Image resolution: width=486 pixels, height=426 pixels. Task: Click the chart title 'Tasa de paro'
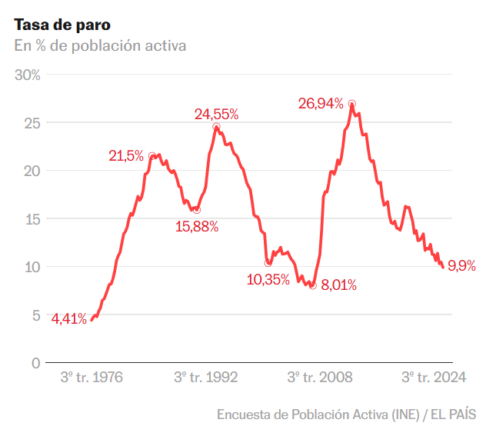(62, 24)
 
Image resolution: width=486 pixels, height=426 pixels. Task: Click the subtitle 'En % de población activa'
(100, 45)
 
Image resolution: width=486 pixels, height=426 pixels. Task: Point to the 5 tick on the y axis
(35, 315)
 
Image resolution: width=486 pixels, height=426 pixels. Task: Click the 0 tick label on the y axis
(35, 363)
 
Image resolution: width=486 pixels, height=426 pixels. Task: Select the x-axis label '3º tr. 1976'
(92, 378)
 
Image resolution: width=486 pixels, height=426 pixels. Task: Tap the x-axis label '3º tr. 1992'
(205, 378)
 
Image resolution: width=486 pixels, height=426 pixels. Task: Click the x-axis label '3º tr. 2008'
(320, 378)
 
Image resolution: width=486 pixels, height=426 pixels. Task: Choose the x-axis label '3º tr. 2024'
(434, 378)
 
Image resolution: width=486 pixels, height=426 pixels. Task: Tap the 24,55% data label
(216, 115)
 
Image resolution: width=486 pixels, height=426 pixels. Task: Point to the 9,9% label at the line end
(461, 267)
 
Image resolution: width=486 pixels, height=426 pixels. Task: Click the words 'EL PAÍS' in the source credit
(454, 414)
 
